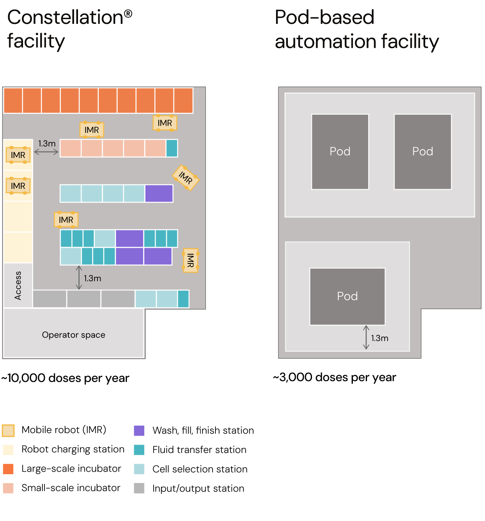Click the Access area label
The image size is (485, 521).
coord(18,285)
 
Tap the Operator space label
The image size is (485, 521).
coord(74,335)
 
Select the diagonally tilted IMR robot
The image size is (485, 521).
coord(186,177)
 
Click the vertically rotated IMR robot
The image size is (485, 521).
coord(190,260)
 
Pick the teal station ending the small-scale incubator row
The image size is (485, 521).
coord(172,148)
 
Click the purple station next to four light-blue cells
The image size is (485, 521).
coord(159,194)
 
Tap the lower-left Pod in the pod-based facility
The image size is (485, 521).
coord(347,296)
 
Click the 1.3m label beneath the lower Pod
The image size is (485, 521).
coord(380,338)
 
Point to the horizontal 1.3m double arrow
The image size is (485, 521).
coord(46,152)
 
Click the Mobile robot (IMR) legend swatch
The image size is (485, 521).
coord(8,430)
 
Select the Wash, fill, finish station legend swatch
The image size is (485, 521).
coord(139,431)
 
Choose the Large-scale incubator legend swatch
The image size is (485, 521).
coord(8,469)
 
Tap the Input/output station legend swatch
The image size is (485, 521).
coord(139,489)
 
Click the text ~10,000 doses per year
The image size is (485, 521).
coord(65,378)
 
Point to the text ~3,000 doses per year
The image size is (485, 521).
coord(334,378)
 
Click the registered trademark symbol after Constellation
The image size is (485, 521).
coord(128,14)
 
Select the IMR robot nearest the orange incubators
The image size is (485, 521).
coord(165,123)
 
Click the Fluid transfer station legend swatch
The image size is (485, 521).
coord(139,450)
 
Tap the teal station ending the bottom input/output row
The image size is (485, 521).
coord(183,299)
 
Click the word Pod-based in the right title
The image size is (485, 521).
coord(325,17)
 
